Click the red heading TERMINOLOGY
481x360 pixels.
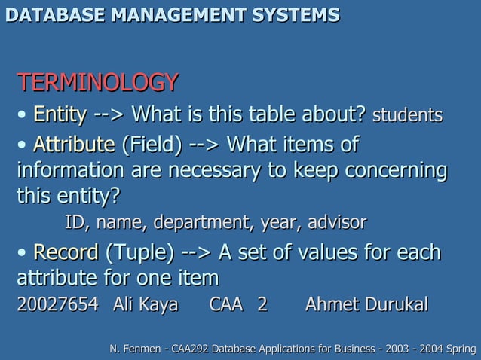click(x=97, y=81)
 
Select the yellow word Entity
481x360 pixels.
click(x=60, y=115)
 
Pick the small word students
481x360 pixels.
click(x=407, y=116)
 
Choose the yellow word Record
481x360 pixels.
click(x=66, y=251)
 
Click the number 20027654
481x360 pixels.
click(x=57, y=304)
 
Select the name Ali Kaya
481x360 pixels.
click(x=145, y=304)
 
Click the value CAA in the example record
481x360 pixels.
click(x=226, y=304)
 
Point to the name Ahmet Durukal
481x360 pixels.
click(x=366, y=304)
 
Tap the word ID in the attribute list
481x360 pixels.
click(x=75, y=223)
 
